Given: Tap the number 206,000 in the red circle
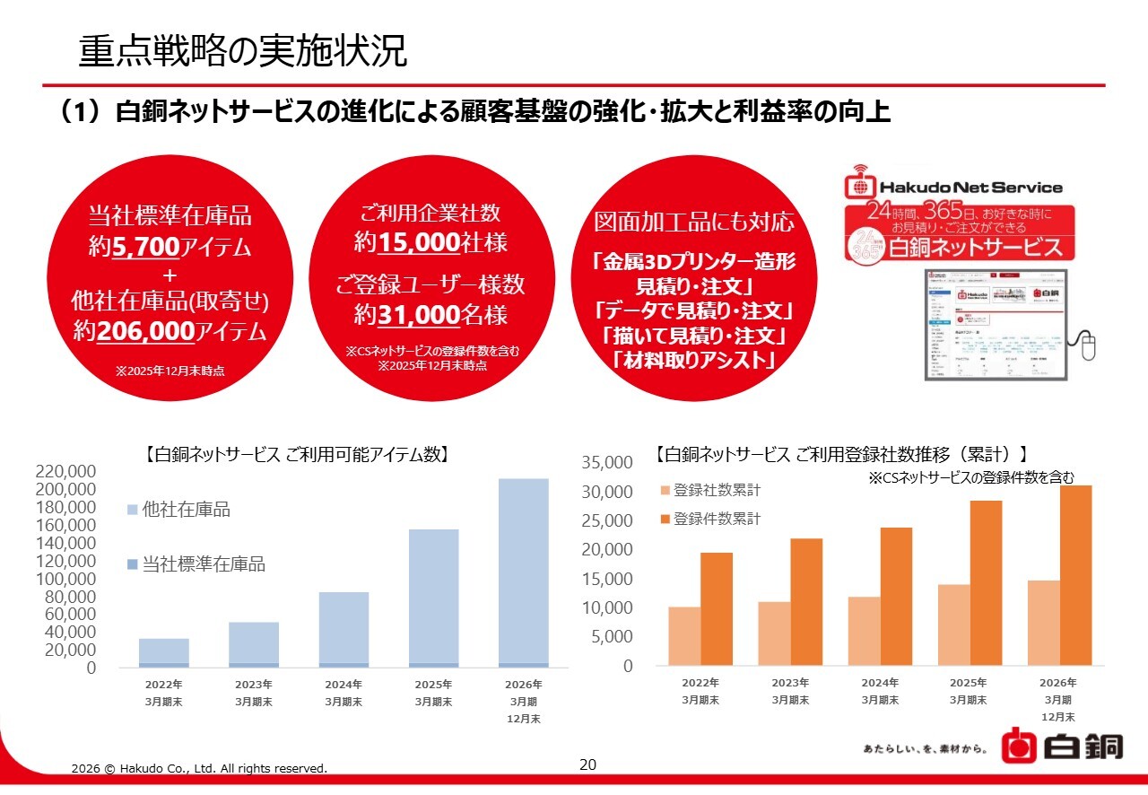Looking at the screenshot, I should pyautogui.click(x=145, y=331).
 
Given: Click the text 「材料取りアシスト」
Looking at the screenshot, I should pyautogui.click(x=694, y=362).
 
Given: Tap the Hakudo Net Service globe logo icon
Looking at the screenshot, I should pyautogui.click(x=860, y=187).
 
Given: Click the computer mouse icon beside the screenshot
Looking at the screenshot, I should pyautogui.click(x=1088, y=345).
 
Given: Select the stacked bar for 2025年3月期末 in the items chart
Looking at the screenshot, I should pyautogui.click(x=433, y=598).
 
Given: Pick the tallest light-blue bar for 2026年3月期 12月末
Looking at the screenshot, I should pyautogui.click(x=523, y=572).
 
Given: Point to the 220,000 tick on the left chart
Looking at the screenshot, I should pyautogui.click(x=65, y=472).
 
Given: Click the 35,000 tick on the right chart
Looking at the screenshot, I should pyautogui.click(x=607, y=463).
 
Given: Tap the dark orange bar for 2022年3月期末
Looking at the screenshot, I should pyautogui.click(x=717, y=608).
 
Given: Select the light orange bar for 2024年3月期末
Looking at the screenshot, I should pyautogui.click(x=863, y=631).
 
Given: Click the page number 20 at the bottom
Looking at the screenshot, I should pyautogui.click(x=587, y=764).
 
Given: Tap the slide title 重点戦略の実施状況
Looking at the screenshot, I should pyautogui.click(x=242, y=51).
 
